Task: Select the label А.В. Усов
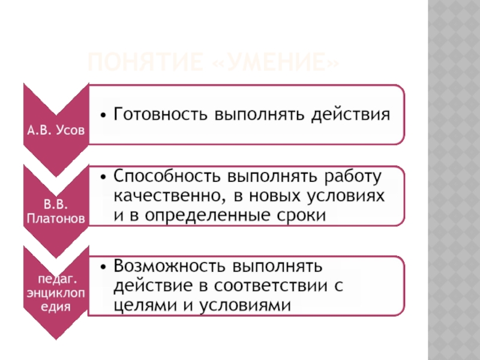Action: (x=56, y=129)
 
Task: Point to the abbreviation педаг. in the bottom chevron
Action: (x=56, y=279)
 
